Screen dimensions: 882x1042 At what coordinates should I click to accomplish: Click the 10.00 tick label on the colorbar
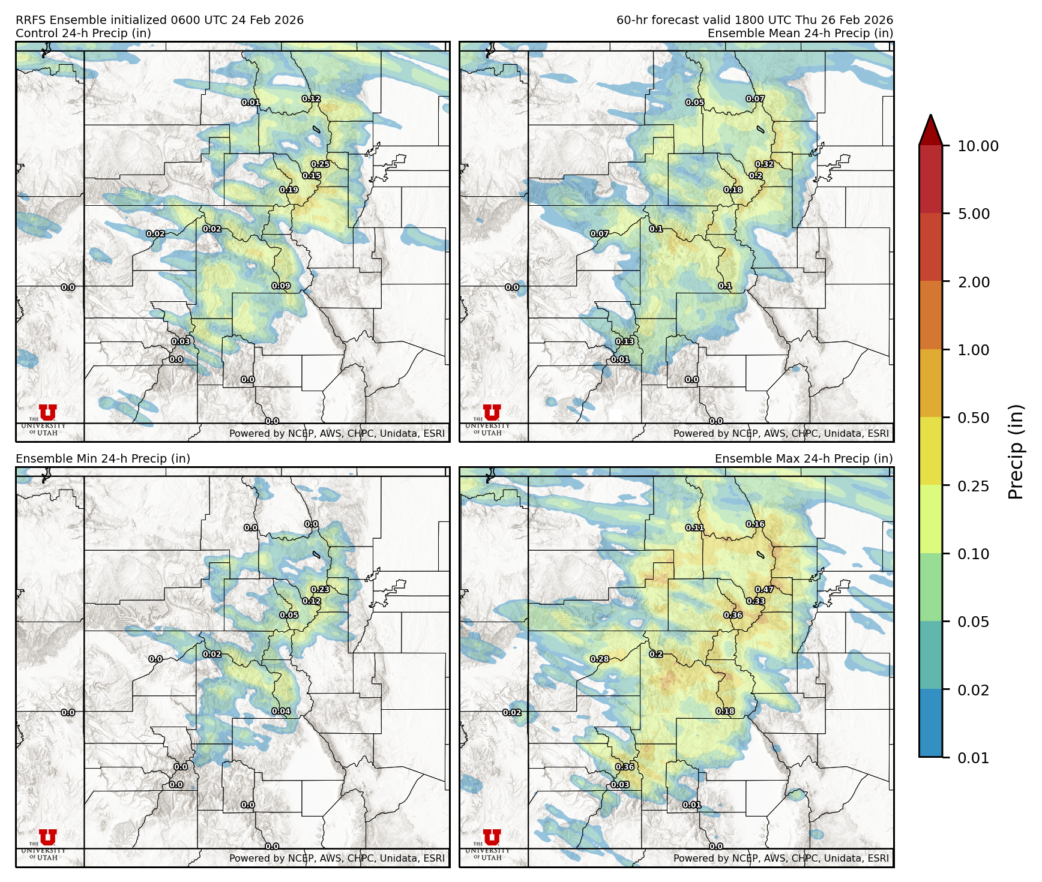[x=978, y=146]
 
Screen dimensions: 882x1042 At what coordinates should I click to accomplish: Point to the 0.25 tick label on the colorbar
[x=973, y=486]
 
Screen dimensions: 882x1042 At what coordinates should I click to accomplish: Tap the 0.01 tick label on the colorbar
[x=973, y=758]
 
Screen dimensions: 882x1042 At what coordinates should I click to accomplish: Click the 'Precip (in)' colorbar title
[x=1016, y=452]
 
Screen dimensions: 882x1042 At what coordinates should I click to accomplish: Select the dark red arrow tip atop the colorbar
[x=930, y=129]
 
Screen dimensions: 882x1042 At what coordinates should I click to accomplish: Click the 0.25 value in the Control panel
[x=320, y=164]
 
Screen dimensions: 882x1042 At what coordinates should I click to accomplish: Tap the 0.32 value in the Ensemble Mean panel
[x=764, y=164]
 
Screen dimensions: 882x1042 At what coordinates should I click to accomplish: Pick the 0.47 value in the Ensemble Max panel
[x=764, y=590]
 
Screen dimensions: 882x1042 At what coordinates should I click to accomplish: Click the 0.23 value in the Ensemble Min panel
[x=320, y=590]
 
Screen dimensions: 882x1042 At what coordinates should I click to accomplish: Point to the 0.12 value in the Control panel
[x=311, y=99]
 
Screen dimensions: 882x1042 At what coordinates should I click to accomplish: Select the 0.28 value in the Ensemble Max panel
[x=600, y=659]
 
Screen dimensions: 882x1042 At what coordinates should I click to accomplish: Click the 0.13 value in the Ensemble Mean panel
[x=625, y=342]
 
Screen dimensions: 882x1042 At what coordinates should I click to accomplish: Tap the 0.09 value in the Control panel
[x=281, y=286]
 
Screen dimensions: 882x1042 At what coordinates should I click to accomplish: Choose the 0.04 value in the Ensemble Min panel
[x=281, y=712]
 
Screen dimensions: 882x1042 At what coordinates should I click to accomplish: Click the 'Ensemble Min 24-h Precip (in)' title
[x=103, y=459]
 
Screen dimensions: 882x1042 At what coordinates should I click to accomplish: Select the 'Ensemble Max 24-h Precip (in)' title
[x=804, y=459]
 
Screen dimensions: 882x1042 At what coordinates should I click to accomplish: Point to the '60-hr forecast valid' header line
[x=754, y=20]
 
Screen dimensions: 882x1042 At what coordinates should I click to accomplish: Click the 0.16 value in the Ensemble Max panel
[x=755, y=524]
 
